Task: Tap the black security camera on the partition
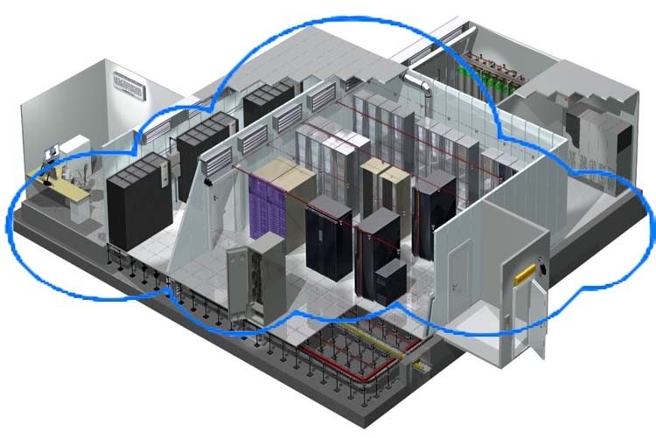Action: [208, 181]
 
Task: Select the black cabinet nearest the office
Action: [137, 201]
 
